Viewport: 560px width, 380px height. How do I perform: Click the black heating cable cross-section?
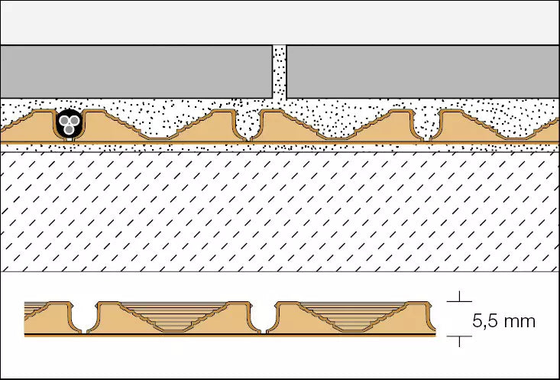point(70,123)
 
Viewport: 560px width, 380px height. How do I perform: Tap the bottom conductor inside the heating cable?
point(69,130)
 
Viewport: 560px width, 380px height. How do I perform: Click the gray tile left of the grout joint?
point(136,72)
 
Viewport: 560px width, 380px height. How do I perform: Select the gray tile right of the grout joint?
point(422,72)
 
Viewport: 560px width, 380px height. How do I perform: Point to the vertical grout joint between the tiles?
point(280,72)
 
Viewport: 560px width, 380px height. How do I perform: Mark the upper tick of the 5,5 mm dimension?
point(459,301)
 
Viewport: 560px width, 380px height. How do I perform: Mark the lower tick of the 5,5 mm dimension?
point(459,336)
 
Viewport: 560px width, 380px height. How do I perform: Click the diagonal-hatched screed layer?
point(280,212)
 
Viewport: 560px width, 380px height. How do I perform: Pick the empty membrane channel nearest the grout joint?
point(248,126)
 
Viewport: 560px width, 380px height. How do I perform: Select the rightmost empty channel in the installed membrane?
point(426,126)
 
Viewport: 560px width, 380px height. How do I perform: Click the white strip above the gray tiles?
point(280,22)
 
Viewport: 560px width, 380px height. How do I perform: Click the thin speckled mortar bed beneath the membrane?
point(280,148)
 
